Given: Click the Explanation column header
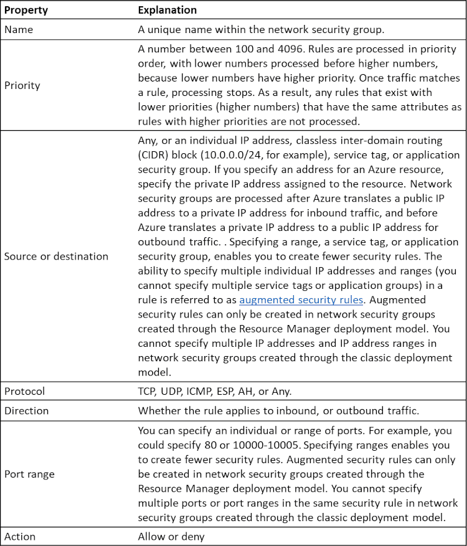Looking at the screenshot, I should click(x=167, y=11).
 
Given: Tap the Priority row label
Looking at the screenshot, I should click(x=22, y=85).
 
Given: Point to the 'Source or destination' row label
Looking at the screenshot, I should click(x=56, y=256).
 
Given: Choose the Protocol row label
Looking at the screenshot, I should click(x=26, y=391).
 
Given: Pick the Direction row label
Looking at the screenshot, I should click(x=27, y=411).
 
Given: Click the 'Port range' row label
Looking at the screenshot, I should click(x=29, y=474).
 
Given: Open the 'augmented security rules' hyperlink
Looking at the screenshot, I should click(x=301, y=299).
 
